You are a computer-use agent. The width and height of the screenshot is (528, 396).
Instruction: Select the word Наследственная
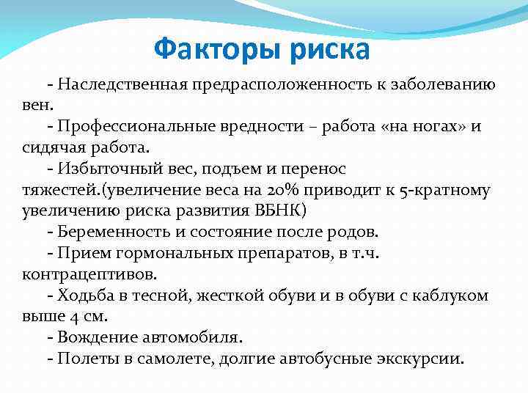pos(122,84)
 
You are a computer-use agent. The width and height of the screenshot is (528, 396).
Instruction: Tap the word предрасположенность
pos(284,84)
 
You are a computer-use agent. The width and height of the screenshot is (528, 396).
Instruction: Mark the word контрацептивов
pos(78,274)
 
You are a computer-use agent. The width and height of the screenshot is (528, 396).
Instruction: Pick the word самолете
pos(185,359)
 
